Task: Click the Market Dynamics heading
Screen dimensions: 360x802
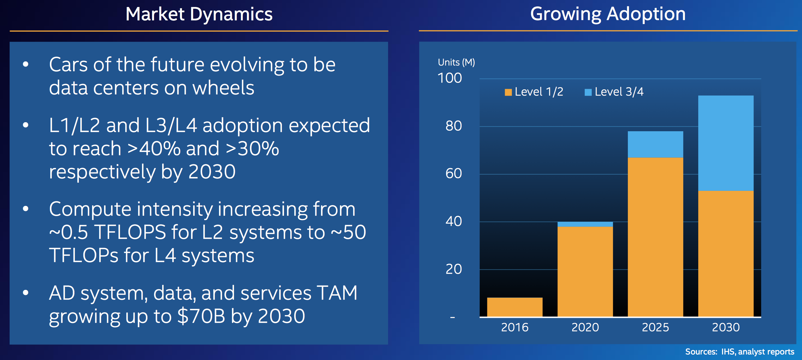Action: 199,14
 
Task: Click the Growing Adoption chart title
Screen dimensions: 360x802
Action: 608,14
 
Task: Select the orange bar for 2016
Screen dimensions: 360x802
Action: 515,307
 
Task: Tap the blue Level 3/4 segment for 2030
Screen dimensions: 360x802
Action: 726,143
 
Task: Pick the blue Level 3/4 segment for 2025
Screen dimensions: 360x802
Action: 655,144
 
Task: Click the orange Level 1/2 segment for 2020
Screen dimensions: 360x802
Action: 585,271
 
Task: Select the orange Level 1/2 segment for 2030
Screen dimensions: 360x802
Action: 726,253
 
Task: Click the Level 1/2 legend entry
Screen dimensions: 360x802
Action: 534,92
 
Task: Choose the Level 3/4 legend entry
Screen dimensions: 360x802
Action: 614,92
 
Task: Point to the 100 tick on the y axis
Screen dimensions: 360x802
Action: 449,78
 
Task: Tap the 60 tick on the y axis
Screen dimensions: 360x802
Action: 453,173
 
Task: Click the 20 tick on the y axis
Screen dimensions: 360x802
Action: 453,269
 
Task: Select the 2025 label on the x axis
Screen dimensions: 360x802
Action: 655,327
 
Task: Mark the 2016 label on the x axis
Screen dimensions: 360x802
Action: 515,327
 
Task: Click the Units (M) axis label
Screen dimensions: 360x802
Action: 456,62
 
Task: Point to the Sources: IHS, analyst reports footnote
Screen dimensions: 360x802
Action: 739,352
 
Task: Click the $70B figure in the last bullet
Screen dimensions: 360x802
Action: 201,316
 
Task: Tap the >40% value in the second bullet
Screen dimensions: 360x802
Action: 154,149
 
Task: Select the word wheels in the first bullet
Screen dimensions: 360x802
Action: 223,88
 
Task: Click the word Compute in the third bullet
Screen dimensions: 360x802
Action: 90,209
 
